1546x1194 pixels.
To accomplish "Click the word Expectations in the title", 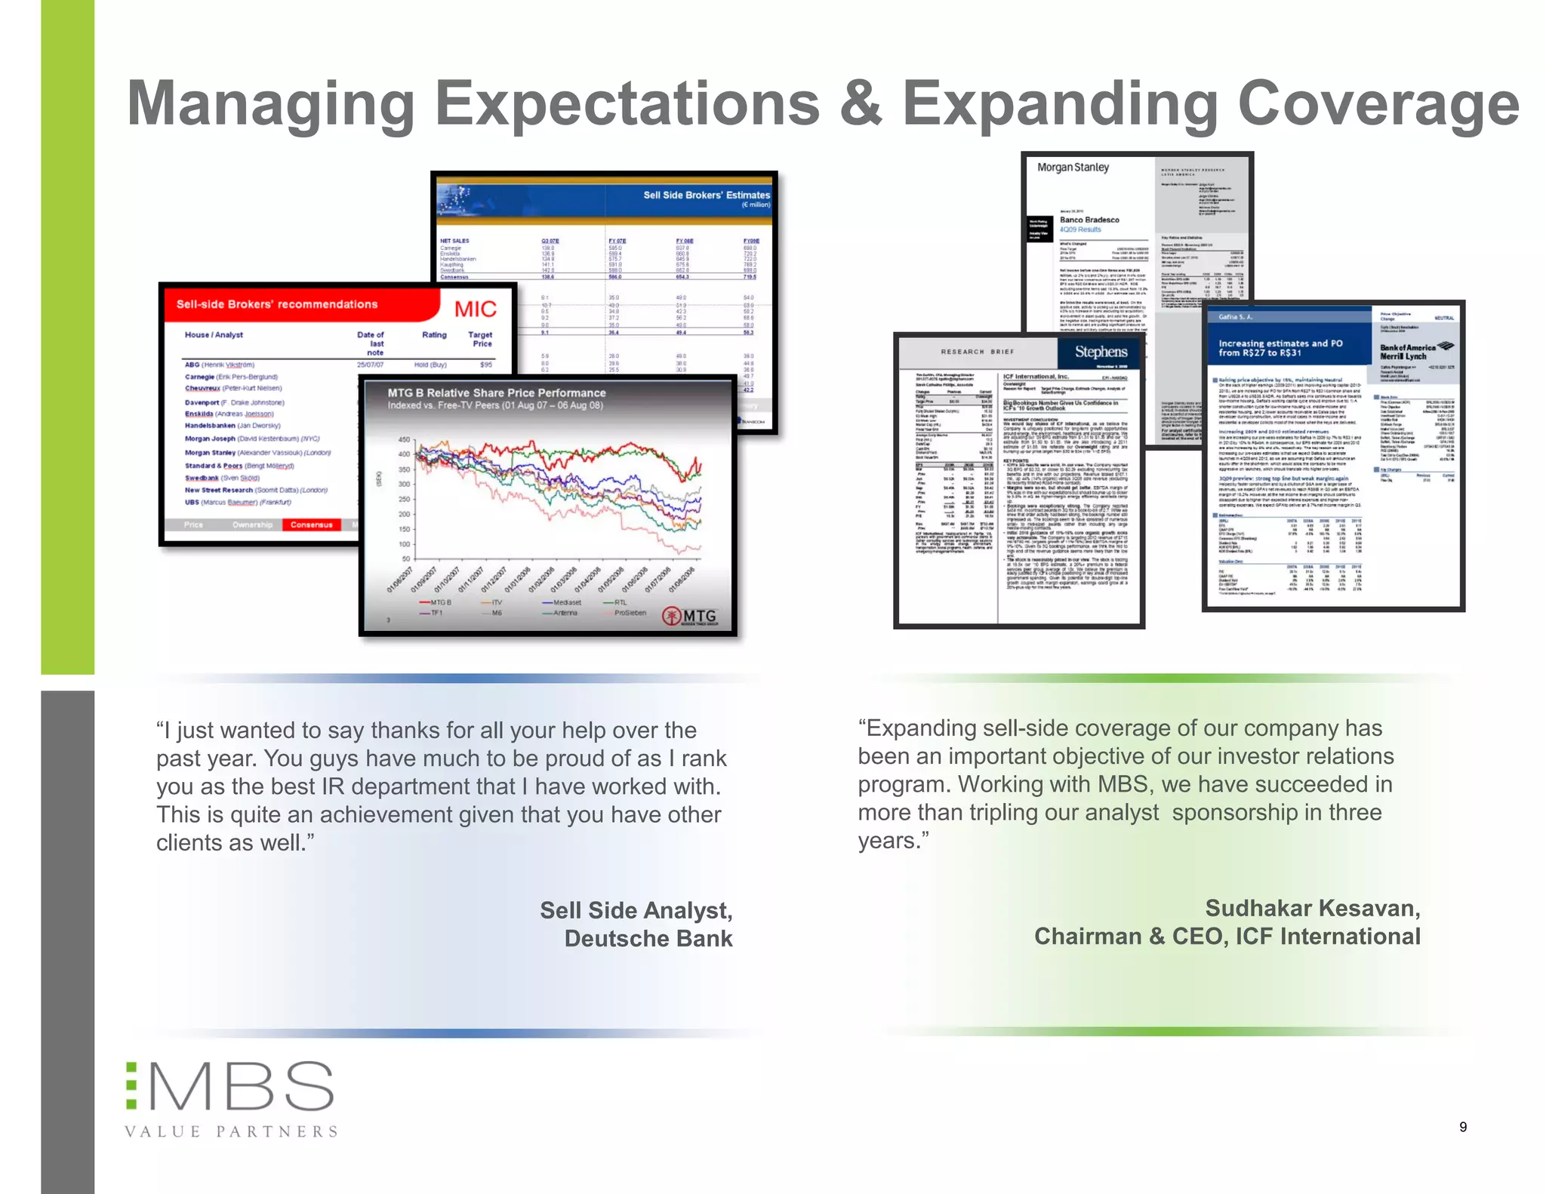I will [x=627, y=104].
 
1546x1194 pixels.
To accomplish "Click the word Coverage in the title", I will [x=1378, y=104].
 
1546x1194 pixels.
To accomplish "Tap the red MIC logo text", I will [x=475, y=309].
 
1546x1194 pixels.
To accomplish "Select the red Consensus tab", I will [x=311, y=525].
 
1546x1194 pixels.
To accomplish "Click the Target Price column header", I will [x=480, y=339].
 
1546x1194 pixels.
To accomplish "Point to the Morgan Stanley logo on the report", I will [x=1073, y=168].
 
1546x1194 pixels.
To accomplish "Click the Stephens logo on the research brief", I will [x=1101, y=352].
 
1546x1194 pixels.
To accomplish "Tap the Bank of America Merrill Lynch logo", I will [x=1413, y=351].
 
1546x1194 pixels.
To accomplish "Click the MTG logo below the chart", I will [x=690, y=617].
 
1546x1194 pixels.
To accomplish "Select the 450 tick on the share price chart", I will [x=404, y=439].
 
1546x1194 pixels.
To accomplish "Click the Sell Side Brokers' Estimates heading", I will [x=706, y=195].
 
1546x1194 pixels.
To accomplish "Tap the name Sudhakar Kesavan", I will [x=1312, y=908].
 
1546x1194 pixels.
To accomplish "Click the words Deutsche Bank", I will [x=648, y=938].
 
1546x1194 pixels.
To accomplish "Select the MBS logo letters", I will [x=240, y=1087].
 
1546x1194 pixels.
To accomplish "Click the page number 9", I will [x=1463, y=1127].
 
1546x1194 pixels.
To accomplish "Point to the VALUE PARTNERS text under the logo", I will [x=231, y=1131].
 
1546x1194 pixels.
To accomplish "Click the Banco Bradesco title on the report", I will [x=1089, y=220].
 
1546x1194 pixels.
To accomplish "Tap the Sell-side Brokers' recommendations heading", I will [x=277, y=304].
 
